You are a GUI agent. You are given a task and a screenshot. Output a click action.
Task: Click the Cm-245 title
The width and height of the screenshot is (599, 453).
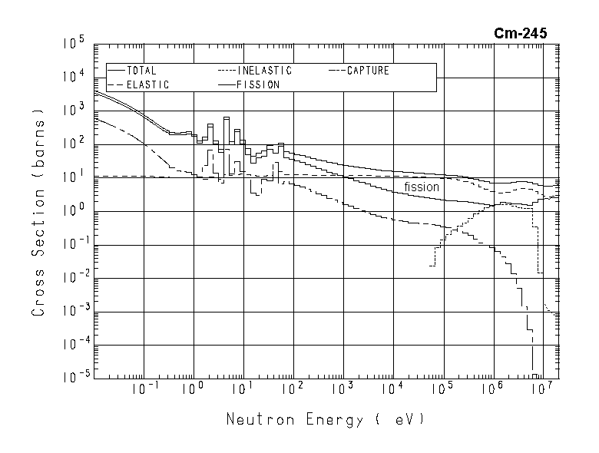tap(521, 33)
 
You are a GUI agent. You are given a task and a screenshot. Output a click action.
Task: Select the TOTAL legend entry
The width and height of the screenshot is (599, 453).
tap(141, 71)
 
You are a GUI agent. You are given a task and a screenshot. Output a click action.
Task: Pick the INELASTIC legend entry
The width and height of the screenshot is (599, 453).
tap(265, 71)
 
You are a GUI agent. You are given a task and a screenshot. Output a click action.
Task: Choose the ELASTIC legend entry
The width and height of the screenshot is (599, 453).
tap(148, 84)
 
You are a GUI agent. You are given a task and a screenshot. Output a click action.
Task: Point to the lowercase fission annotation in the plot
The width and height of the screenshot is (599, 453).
tap(422, 187)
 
